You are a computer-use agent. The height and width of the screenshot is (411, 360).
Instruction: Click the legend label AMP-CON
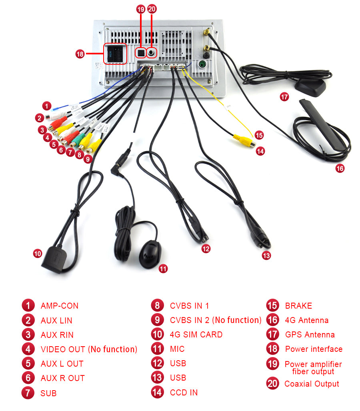click(59, 306)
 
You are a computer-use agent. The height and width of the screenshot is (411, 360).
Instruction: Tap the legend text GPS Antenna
click(310, 335)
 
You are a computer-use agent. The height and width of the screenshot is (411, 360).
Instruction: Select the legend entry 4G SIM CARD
click(196, 335)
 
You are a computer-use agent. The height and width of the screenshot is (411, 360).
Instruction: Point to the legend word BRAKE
click(298, 306)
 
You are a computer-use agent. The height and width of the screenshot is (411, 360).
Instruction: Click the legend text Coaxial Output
click(312, 384)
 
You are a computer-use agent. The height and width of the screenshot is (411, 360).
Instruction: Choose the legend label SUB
click(48, 393)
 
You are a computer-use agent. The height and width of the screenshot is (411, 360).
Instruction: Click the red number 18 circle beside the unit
click(80, 54)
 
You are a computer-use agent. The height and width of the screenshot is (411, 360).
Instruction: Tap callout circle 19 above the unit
click(140, 9)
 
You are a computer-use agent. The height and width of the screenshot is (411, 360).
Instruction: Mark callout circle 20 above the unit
click(152, 9)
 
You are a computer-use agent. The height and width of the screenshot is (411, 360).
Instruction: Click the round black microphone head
click(149, 251)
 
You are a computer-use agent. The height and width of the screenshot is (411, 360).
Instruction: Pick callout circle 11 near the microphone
click(163, 269)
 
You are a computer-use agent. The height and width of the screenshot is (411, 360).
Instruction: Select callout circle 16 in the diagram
click(340, 168)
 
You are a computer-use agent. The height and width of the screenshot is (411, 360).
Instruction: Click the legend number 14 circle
click(157, 392)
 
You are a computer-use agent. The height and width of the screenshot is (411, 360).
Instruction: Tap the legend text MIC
click(177, 349)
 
